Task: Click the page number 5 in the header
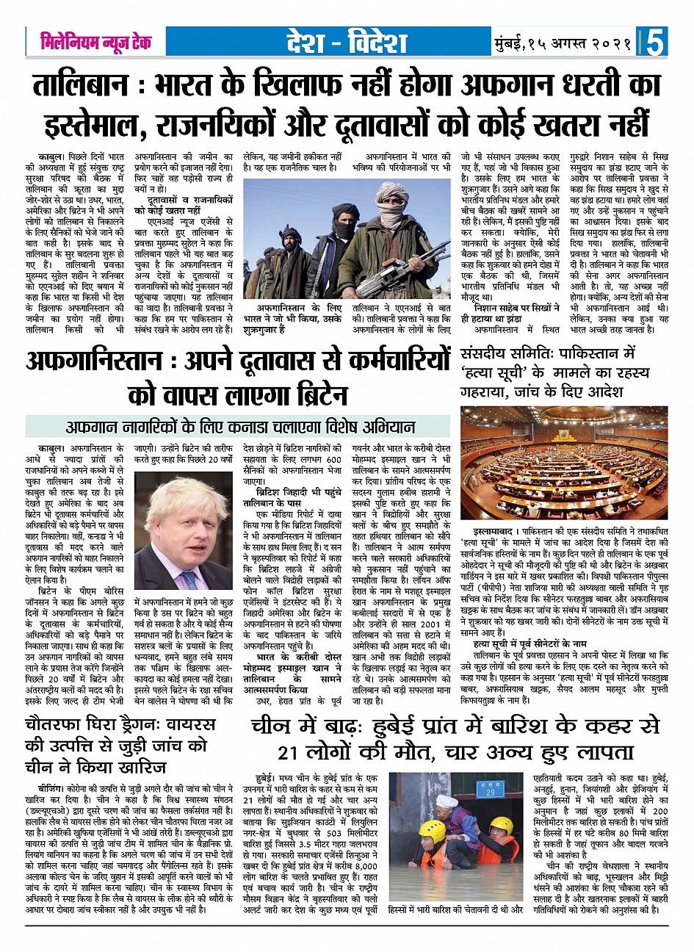[653, 43]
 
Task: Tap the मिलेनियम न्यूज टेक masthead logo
[95, 42]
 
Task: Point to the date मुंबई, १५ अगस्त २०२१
[563, 43]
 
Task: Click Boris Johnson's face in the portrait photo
[182, 519]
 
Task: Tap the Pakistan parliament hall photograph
[564, 463]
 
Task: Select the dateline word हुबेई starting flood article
[265, 777]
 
